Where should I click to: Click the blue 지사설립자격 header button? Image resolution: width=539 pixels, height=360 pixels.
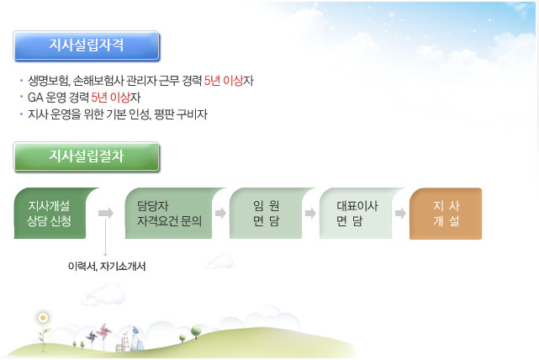coord(87,45)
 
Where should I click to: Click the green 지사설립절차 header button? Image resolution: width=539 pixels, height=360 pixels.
coord(87,156)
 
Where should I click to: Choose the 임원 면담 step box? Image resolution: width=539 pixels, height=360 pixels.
coord(269,213)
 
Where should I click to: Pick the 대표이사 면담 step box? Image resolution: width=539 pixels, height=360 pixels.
coord(359,213)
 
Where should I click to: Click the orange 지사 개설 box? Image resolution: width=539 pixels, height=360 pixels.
coord(446,214)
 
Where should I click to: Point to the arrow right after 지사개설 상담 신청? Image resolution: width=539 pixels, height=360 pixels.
coord(106,213)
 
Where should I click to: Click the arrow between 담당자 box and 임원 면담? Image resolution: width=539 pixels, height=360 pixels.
coord(220,213)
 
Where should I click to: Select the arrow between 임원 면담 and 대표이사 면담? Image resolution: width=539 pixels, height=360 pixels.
coord(311,213)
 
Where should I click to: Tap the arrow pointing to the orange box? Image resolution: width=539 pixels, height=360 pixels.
coord(400,213)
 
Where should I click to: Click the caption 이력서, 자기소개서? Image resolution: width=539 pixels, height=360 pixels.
coord(107,266)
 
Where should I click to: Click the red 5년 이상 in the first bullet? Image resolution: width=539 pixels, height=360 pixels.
coord(224,81)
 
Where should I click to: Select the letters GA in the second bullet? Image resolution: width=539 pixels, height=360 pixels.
coord(35,98)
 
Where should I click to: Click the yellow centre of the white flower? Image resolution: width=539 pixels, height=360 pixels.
coord(43,318)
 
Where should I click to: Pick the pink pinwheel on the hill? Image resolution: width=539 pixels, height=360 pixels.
coord(103,331)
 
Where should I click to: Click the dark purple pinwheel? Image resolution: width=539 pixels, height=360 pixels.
coord(92,336)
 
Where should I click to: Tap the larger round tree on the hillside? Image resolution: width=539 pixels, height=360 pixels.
coord(196,331)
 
